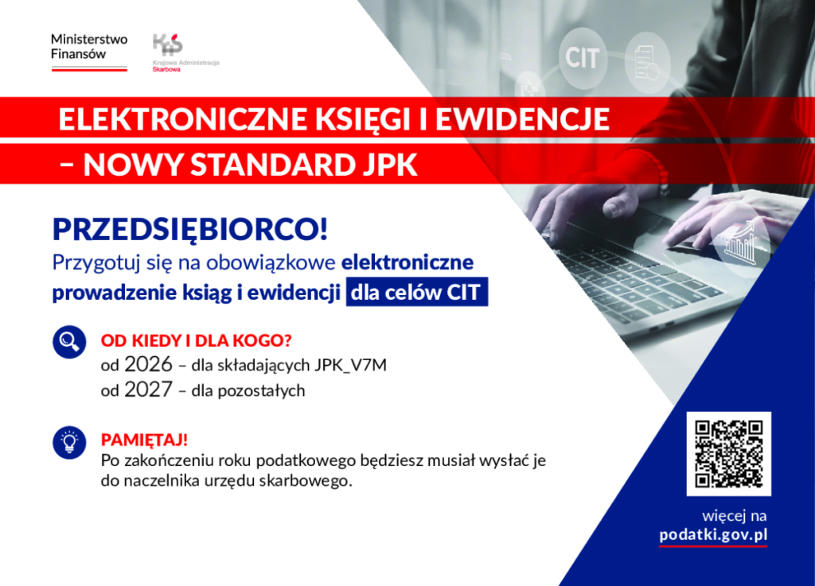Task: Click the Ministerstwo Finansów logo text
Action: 89,47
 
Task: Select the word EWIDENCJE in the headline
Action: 522,119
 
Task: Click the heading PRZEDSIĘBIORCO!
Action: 190,230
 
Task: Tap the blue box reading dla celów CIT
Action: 417,293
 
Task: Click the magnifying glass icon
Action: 69,342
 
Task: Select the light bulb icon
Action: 69,443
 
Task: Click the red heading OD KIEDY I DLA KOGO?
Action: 196,341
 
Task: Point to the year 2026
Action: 148,364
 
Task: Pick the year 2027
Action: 148,390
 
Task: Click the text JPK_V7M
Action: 350,366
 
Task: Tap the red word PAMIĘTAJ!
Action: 144,440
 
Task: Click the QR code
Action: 729,454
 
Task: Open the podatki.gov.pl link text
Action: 713,535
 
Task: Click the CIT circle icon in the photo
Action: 582,57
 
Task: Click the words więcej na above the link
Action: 735,516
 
